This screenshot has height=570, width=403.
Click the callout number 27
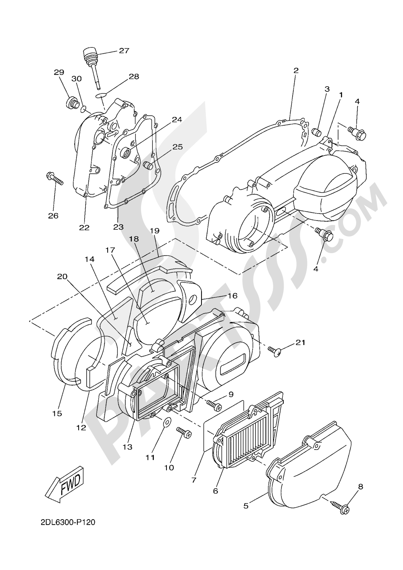point(123,51)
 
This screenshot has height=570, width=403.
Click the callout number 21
point(300,343)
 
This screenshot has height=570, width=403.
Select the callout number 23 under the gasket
point(118,227)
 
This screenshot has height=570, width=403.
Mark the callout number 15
point(57,414)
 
